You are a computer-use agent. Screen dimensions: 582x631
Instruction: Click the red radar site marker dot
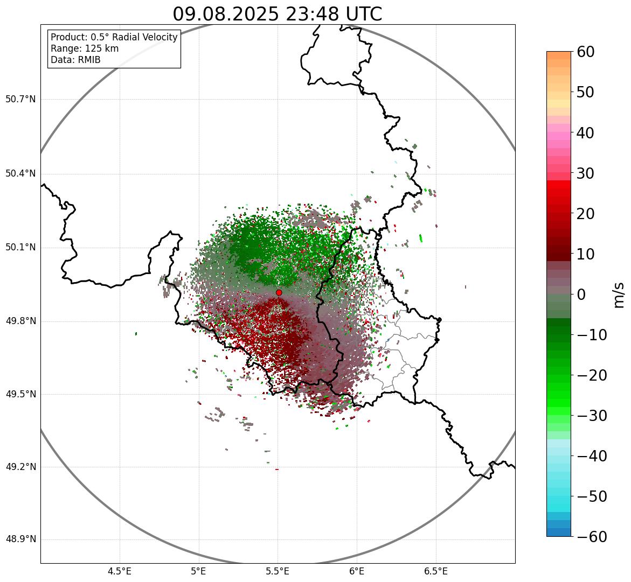coord(279,292)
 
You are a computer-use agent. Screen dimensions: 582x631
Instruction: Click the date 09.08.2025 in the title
coord(226,14)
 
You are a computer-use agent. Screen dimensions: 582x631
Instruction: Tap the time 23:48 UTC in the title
coord(334,14)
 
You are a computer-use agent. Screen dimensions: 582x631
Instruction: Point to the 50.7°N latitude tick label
coord(20,99)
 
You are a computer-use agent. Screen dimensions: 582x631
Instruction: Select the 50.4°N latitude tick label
coord(20,173)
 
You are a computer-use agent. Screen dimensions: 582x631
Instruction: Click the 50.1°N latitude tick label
coord(20,248)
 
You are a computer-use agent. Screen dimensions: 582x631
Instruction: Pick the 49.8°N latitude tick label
coord(20,321)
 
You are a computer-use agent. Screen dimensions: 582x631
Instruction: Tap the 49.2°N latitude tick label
coord(20,467)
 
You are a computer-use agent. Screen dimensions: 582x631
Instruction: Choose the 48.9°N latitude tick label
coord(20,539)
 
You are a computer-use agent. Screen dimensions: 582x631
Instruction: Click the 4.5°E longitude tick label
coord(120,571)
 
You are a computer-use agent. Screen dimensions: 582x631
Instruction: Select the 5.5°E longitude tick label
coord(278,571)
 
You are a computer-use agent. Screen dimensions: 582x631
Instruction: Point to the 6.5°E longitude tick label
coord(435,571)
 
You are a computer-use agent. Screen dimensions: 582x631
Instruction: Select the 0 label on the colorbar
coord(581,294)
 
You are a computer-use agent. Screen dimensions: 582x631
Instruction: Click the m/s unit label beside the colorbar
coord(619,294)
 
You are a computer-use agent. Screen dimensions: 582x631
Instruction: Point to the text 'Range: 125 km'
coord(85,48)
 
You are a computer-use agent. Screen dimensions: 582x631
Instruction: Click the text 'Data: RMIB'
coord(75,60)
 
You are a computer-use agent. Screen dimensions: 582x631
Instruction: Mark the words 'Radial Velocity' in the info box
coord(144,37)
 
